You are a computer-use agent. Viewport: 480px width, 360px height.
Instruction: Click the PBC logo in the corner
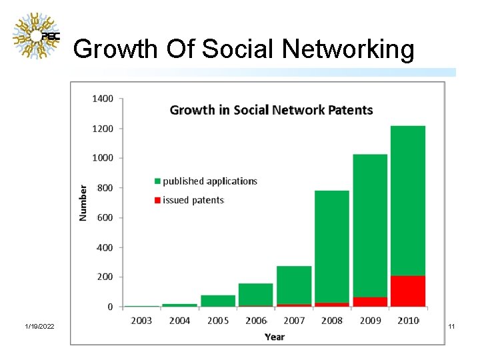[x=37, y=36]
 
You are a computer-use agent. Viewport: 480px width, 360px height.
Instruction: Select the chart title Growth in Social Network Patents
[x=271, y=110]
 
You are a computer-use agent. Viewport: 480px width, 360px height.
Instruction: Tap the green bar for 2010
[x=408, y=200]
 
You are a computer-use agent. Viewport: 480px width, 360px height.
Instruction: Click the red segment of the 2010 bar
[x=408, y=291]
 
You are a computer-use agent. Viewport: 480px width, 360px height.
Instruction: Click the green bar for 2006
[x=256, y=294]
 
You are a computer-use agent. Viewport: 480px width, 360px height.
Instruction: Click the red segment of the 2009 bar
[x=370, y=301]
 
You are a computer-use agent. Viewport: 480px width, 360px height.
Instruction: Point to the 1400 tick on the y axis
[x=103, y=99]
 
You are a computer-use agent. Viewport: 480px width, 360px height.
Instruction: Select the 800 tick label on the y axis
[x=105, y=188]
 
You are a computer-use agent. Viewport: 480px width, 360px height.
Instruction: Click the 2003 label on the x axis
[x=141, y=321]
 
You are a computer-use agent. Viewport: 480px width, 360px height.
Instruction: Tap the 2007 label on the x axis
[x=294, y=321]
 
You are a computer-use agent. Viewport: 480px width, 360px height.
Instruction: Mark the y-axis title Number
[x=83, y=203]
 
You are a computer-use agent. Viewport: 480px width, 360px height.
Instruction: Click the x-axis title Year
[x=275, y=337]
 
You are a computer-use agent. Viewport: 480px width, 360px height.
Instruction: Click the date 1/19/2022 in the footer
[x=40, y=326]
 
